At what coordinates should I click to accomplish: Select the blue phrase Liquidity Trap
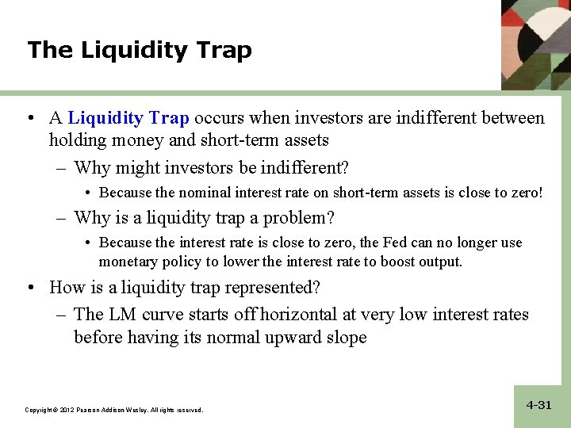[x=128, y=119]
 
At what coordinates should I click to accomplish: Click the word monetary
[x=128, y=262]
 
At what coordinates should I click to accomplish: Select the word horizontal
[x=305, y=315]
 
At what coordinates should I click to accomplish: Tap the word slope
[x=344, y=337]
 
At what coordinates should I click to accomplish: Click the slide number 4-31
[x=538, y=405]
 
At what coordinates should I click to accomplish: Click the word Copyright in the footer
[x=38, y=410]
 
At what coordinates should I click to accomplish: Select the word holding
[x=77, y=140]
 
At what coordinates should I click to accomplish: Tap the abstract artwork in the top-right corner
[x=535, y=44]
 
